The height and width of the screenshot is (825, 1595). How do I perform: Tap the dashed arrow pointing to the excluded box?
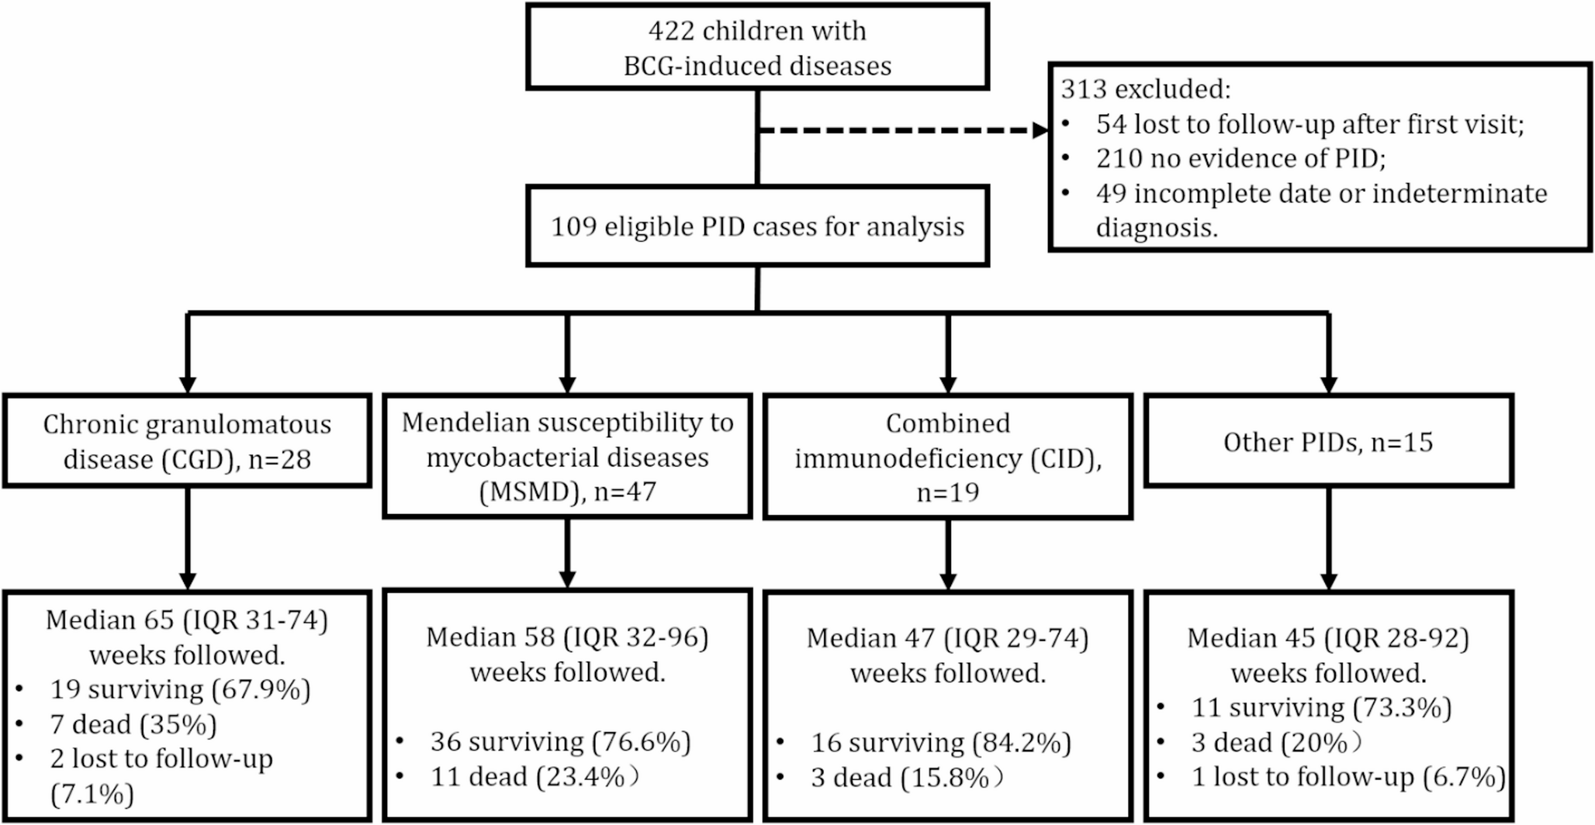pos(900,131)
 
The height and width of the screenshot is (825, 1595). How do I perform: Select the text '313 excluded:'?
pos(1145,89)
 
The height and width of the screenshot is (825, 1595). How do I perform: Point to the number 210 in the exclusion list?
pos(1120,158)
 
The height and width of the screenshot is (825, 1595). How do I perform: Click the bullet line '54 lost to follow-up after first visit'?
pos(1310,124)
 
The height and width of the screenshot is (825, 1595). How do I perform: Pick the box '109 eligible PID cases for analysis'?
pos(757,226)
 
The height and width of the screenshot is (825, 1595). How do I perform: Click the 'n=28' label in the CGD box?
pos(279,459)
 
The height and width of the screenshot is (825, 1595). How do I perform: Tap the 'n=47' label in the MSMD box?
pos(625,492)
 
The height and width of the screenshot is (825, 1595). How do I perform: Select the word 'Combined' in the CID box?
pos(947,423)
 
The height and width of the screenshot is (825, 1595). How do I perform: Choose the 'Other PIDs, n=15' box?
pos(1328,442)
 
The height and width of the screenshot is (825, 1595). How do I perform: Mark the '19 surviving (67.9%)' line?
pos(180,689)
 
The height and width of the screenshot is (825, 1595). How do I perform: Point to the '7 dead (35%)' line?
pos(133,724)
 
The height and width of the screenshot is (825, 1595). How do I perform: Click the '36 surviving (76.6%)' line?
pos(560,742)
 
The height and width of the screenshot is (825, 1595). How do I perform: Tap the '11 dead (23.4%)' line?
pos(535,777)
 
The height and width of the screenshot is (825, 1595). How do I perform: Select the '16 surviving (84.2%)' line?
pos(940,743)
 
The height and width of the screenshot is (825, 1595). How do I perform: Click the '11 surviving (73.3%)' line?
pos(1321,708)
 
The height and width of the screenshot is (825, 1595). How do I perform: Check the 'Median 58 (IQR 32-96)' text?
pos(567,637)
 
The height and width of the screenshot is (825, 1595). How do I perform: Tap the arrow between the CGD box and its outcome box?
pos(187,539)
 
